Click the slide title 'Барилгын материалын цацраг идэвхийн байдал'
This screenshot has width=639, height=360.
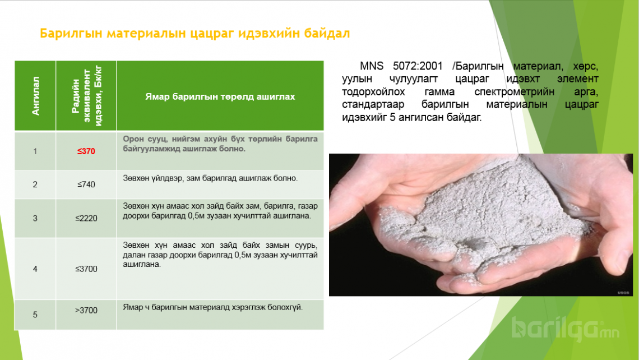195,33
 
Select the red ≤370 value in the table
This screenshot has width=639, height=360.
86,151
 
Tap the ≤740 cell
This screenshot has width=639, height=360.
86,184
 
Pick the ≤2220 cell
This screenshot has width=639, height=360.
86,218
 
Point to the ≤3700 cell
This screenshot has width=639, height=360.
86,269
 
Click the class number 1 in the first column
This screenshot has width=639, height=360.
35,151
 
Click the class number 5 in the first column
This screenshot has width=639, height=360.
35,315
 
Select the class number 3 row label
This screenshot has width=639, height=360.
35,218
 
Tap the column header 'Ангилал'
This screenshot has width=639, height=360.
35,96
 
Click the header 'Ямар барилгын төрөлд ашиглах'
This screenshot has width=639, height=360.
220,96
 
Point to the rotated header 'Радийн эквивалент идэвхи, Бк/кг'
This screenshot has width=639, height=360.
86,96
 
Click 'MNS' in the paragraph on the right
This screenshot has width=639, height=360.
371,66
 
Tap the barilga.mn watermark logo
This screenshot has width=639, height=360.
566,329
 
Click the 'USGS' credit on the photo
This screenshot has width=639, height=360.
623,293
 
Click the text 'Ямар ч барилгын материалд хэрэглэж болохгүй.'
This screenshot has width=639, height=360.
213,307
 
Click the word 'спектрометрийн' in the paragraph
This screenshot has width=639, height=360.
514,92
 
